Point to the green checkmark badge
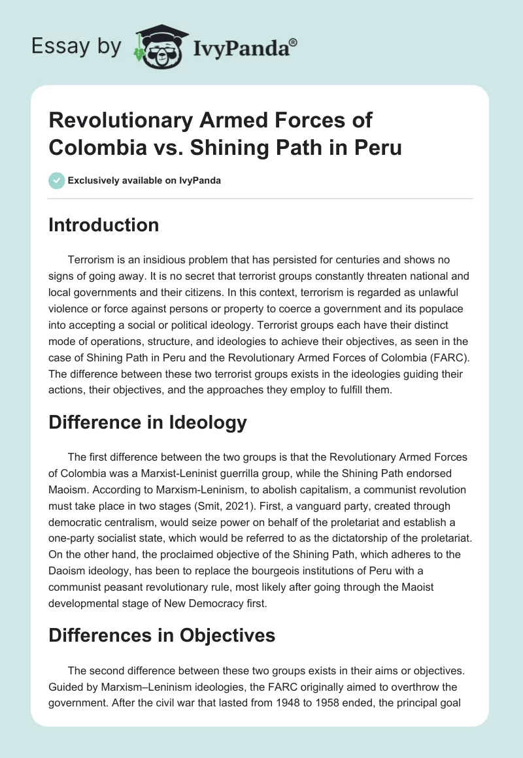click(x=56, y=180)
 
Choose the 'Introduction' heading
click(x=104, y=225)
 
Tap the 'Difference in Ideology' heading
click(x=148, y=422)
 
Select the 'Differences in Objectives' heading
click(x=162, y=635)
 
